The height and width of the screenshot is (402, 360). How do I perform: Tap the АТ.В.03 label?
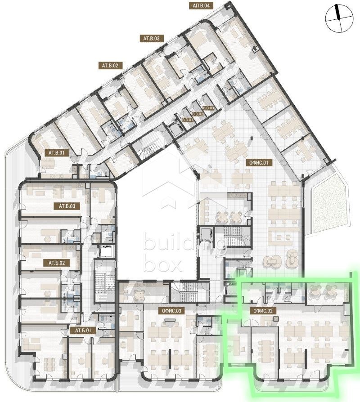152,39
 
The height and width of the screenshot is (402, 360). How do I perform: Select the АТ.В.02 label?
110,66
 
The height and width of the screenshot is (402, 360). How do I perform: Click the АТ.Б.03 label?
67,206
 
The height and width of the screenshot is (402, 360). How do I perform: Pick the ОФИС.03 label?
172,311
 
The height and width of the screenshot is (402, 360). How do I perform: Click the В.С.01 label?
187,120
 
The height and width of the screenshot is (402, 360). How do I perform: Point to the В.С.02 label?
198,114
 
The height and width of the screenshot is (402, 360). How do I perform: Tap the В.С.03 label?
209,108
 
